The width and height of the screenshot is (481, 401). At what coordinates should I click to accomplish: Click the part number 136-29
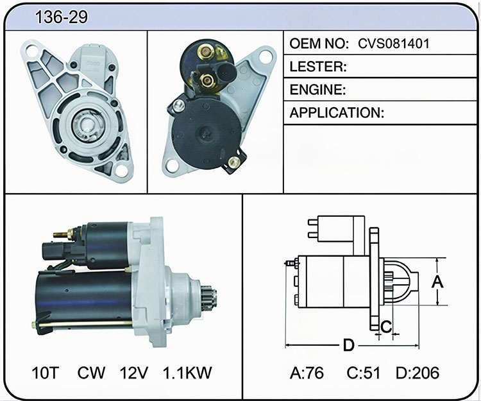point(62,17)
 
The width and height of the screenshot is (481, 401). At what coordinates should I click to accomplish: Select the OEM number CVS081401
point(394,44)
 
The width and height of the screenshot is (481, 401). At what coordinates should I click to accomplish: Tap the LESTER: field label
point(318,67)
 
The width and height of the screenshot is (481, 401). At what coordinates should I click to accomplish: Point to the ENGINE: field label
point(318,90)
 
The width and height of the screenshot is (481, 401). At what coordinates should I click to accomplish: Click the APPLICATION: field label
point(337,112)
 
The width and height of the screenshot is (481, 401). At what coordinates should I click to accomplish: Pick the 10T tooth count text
point(45,373)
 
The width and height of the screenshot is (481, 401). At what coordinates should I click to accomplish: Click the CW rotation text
point(91,373)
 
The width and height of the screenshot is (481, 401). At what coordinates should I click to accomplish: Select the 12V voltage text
point(134,373)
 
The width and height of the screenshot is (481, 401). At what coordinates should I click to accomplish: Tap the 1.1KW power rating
point(187,373)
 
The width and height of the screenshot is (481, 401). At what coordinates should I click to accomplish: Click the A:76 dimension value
point(307,373)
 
